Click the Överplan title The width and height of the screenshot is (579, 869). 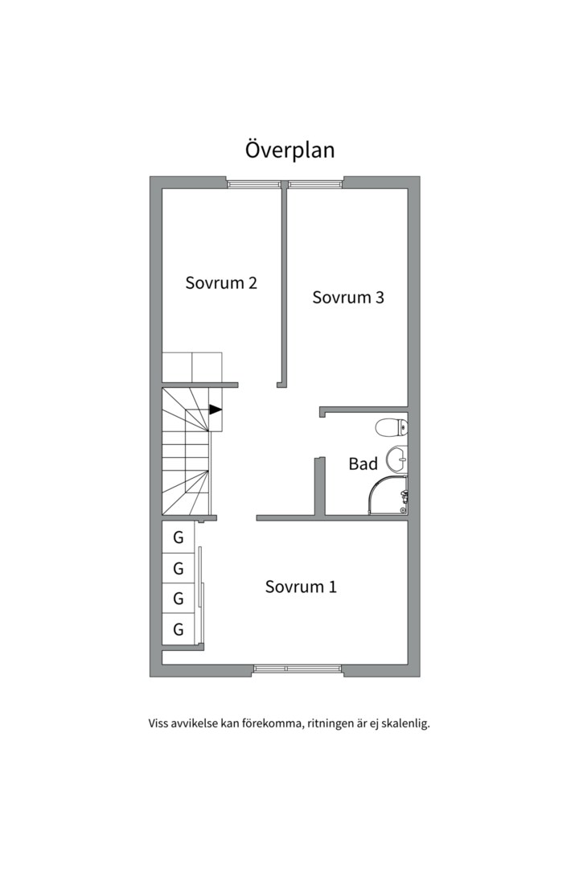[289, 150]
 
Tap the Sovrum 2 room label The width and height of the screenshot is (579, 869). [221, 282]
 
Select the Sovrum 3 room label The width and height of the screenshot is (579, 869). [348, 297]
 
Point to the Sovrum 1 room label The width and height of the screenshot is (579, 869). [301, 587]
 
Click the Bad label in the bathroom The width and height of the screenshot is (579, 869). [363, 463]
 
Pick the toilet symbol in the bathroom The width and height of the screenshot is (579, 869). [391, 428]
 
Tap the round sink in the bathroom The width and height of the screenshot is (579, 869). [396, 459]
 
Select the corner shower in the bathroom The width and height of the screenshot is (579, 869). [388, 495]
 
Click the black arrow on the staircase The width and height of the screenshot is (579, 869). [215, 410]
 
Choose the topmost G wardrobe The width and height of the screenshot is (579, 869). [179, 537]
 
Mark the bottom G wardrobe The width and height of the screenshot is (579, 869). [179, 629]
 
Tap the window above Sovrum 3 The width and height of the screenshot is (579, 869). [315, 184]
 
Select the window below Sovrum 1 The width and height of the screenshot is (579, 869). [298, 669]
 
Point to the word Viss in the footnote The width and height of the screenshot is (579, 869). [158, 723]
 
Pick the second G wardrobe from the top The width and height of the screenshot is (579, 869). [179, 568]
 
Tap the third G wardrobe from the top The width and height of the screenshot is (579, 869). [179, 599]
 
